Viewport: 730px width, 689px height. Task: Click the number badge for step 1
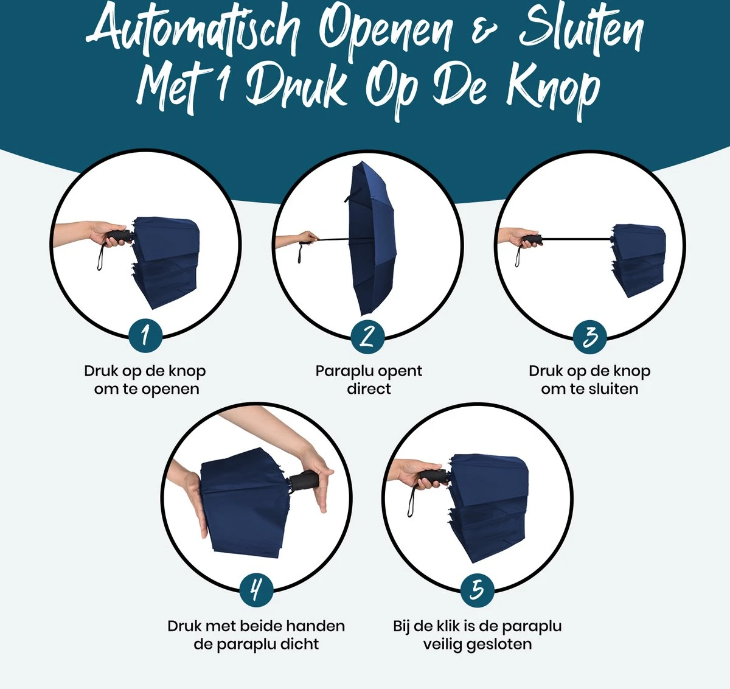coord(145,335)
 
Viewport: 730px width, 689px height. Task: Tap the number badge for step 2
coord(367,336)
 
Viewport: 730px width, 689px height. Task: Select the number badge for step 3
coord(589,337)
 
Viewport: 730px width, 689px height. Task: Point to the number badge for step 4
coord(256,589)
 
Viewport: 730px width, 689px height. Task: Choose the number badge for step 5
coord(478,589)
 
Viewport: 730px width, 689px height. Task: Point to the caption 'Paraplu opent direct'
coord(368,380)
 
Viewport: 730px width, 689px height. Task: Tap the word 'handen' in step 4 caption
coord(315,626)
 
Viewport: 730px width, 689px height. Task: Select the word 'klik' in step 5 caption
coord(447,626)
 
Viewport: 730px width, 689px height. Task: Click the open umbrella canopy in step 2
coord(370,237)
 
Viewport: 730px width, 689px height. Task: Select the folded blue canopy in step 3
coord(638,259)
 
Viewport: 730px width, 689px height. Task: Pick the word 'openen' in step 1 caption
coord(172,389)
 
